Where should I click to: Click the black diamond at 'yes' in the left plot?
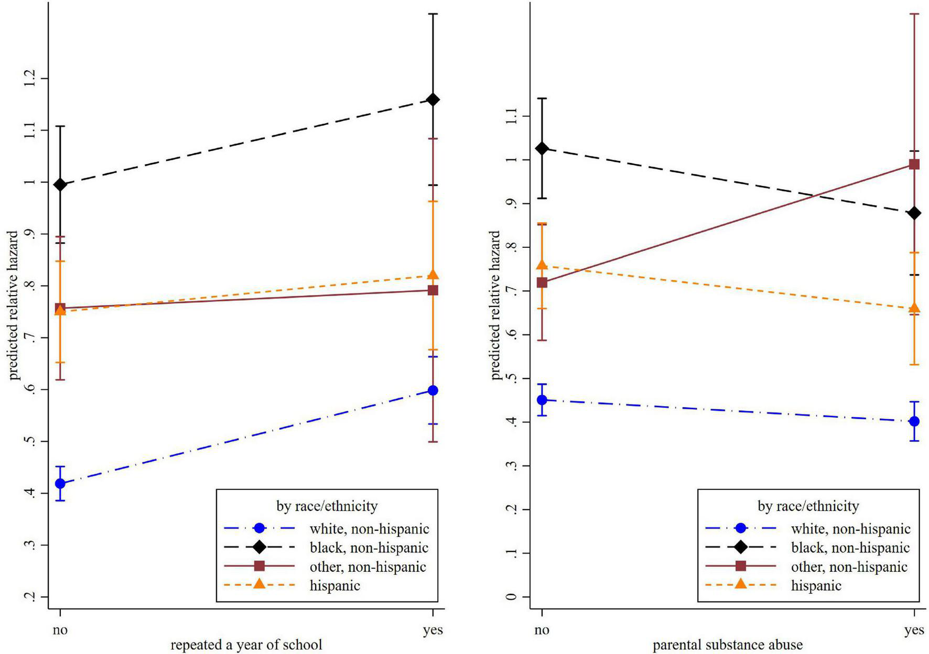[x=433, y=100]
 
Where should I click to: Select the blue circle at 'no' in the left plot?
[x=60, y=483]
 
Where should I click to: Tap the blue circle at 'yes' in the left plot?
[x=433, y=390]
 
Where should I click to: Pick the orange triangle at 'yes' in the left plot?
[x=433, y=275]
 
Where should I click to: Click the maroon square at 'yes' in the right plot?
[x=914, y=165]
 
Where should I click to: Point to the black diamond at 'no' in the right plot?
[x=542, y=149]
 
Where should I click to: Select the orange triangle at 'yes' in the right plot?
[x=914, y=308]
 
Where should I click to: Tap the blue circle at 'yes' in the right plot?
[x=914, y=421]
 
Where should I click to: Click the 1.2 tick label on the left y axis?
[x=29, y=79]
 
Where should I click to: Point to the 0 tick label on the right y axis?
[x=512, y=596]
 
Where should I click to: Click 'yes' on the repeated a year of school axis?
[x=433, y=630]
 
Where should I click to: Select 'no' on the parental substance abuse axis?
[x=542, y=630]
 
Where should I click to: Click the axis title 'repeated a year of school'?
[x=246, y=645]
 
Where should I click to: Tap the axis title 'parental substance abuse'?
[x=727, y=645]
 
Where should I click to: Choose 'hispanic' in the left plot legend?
[x=334, y=585]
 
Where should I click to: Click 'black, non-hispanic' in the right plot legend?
[x=850, y=548]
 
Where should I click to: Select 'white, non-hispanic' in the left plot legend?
[x=369, y=529]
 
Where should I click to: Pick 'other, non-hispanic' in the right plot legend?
[x=849, y=566]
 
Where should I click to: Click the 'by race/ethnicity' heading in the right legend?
[x=808, y=506]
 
